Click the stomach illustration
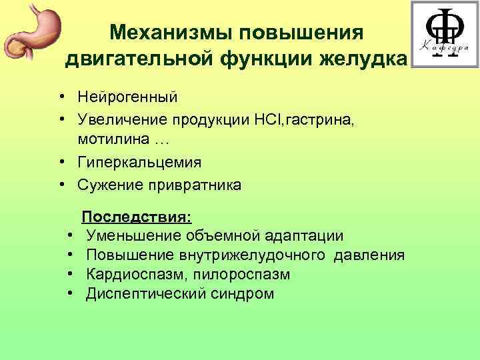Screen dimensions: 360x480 pyautogui.click(x=30, y=33)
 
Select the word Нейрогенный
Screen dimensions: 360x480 pyautogui.click(x=127, y=97)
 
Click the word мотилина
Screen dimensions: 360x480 pyautogui.click(x=113, y=140)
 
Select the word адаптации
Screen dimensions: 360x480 pyautogui.click(x=305, y=236)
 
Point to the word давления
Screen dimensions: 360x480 pyautogui.click(x=369, y=255)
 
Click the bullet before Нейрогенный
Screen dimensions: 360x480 pyautogui.click(x=61, y=97)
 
